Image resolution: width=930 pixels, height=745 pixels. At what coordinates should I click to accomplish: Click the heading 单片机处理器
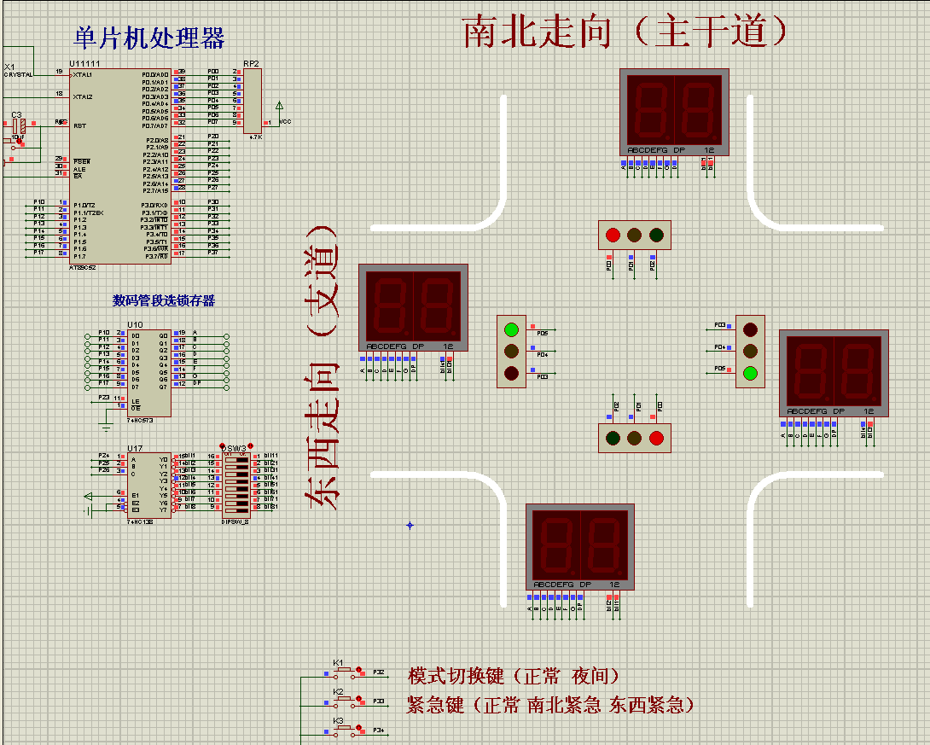pyautogui.click(x=149, y=38)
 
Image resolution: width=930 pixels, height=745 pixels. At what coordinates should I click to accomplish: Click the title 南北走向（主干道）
pyautogui.click(x=625, y=32)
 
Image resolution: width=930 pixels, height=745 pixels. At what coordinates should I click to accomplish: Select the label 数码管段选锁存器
pyautogui.click(x=164, y=300)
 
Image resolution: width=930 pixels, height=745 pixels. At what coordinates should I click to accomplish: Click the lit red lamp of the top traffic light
pyautogui.click(x=613, y=235)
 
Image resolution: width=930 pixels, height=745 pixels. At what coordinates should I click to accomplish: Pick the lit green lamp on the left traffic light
pyautogui.click(x=511, y=329)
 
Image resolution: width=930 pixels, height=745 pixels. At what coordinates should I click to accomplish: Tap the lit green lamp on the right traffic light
pyautogui.click(x=750, y=372)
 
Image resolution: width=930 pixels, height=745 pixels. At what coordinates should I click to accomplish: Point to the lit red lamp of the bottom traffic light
pyautogui.click(x=656, y=438)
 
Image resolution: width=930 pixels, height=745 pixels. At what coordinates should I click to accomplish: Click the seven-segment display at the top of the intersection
pyautogui.click(x=674, y=111)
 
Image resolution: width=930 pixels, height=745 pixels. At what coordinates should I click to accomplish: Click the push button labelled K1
pyautogui.click(x=346, y=672)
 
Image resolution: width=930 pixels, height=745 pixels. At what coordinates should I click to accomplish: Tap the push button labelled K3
pyautogui.click(x=346, y=730)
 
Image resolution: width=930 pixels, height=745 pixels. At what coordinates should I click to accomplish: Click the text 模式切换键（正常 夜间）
pyautogui.click(x=514, y=676)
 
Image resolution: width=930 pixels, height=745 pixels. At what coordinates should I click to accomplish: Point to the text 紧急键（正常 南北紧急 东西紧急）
pyautogui.click(x=550, y=705)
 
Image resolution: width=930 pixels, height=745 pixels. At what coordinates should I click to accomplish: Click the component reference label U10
pyautogui.click(x=135, y=324)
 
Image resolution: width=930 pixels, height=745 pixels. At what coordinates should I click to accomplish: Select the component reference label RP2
pyautogui.click(x=251, y=64)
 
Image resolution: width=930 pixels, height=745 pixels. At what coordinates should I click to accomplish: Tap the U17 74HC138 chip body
pyautogui.click(x=149, y=485)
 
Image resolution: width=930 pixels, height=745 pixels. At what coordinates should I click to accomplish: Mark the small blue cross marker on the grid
pyautogui.click(x=410, y=525)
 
